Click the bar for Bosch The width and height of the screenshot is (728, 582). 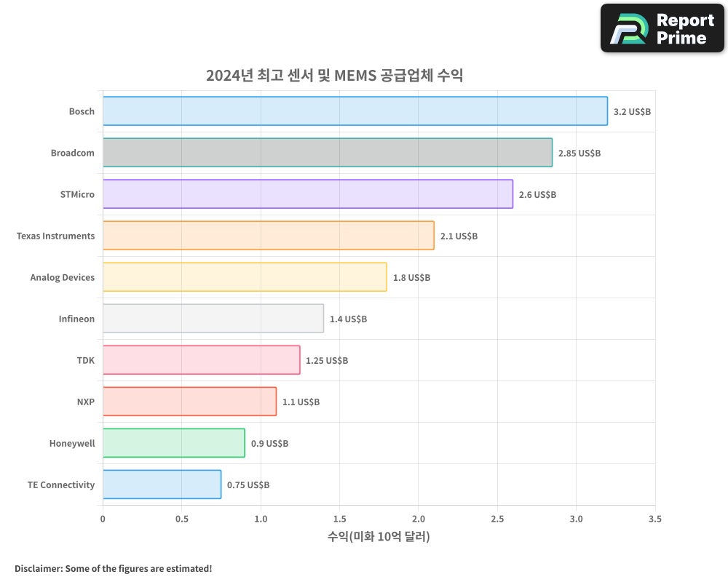(355, 111)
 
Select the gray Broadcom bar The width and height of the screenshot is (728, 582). (327, 153)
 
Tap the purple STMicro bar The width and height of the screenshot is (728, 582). (307, 194)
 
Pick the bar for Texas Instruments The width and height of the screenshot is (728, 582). (268, 236)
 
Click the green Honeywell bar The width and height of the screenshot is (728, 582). (173, 443)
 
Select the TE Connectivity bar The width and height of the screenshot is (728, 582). (162, 485)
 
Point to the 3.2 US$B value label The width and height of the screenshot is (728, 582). (632, 112)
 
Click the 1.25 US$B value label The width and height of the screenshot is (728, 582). (326, 361)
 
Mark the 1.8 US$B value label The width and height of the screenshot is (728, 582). (411, 278)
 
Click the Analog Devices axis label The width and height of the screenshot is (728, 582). (63, 278)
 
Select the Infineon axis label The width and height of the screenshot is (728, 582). (76, 319)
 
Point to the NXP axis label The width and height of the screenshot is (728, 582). (85, 402)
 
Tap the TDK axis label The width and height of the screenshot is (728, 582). (85, 361)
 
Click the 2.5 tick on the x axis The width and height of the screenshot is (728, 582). (497, 519)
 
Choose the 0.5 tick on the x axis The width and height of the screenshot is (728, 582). (181, 519)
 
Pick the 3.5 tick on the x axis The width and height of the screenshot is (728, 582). (654, 519)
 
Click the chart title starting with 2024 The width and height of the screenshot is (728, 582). (334, 76)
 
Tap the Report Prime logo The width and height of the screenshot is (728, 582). (662, 28)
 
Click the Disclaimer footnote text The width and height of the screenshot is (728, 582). (113, 569)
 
